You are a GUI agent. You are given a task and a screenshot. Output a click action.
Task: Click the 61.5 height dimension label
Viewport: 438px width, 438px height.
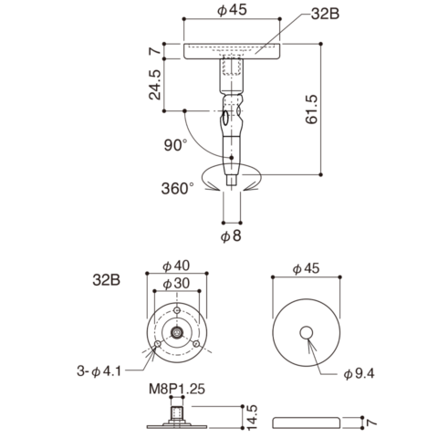[311, 109]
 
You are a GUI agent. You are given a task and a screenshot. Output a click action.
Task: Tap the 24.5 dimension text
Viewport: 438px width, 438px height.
[155, 85]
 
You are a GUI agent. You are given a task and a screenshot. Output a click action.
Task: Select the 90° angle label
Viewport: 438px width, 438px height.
[176, 145]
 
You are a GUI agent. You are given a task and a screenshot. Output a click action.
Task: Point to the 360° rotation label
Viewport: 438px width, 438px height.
[178, 189]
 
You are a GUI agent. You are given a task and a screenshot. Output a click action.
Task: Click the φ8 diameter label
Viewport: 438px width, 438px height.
[231, 235]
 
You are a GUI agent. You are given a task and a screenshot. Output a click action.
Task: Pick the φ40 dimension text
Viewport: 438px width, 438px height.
[176, 266]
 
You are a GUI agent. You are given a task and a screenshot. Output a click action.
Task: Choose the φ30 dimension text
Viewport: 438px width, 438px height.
[176, 284]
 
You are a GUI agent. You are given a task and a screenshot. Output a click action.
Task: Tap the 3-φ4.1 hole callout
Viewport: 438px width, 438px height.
[99, 371]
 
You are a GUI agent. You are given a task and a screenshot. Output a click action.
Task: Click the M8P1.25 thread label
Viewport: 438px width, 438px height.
[177, 389]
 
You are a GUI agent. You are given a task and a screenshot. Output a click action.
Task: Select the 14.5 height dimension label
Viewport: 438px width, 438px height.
[252, 417]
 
